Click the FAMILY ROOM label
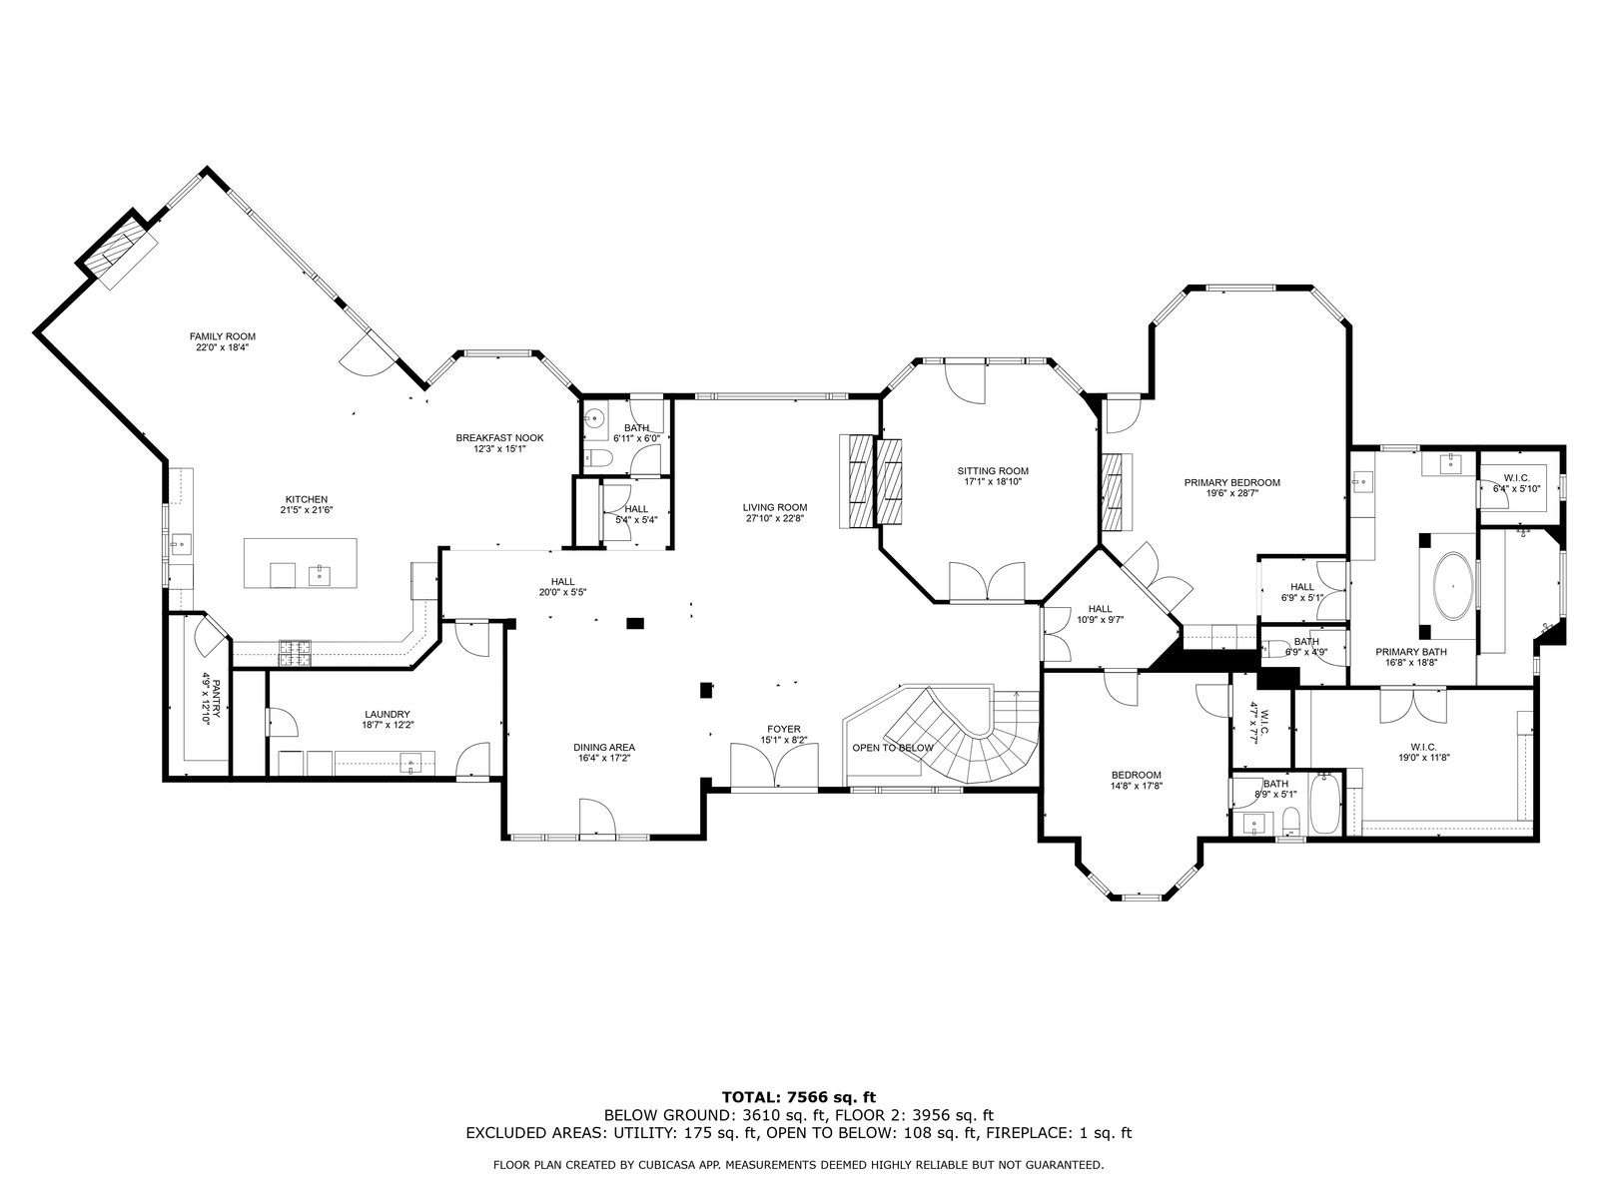point(223,336)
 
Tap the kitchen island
point(300,562)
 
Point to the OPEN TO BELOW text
point(893,747)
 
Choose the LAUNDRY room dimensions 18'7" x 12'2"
point(389,725)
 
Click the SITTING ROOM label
point(993,470)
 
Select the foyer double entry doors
point(775,765)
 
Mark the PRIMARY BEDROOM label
point(1231,482)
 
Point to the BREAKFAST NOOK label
point(499,438)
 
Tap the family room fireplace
point(117,249)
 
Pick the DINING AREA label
point(604,747)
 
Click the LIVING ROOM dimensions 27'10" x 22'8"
point(775,518)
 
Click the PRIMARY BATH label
point(1411,652)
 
